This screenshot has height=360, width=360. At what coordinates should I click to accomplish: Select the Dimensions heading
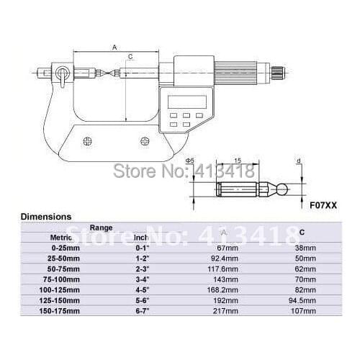point(45,215)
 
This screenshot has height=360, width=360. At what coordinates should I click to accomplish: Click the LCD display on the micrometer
point(186,101)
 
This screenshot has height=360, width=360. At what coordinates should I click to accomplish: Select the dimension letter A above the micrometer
point(114,47)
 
